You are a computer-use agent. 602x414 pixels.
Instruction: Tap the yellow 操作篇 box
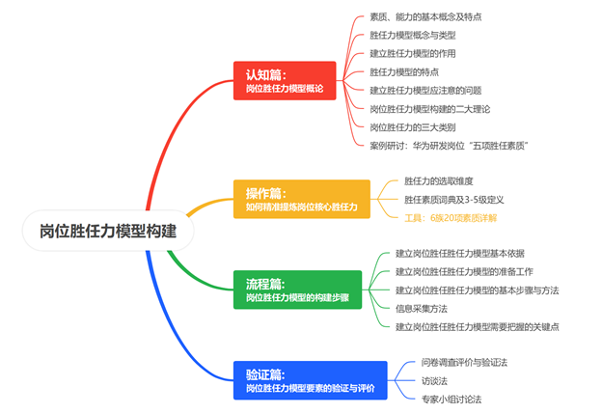[x=301, y=199]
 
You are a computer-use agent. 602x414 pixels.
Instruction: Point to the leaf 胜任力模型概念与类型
[x=414, y=36]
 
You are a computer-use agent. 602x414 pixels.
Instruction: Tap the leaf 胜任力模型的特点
[x=404, y=72]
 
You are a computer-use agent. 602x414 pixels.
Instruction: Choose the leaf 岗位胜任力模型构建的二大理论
[x=433, y=109]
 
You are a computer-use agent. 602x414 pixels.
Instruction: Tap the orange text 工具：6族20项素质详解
[x=451, y=218]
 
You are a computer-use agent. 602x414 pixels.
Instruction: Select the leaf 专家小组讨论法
[x=451, y=399]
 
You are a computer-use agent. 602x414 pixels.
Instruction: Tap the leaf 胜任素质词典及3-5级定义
[x=454, y=200]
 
